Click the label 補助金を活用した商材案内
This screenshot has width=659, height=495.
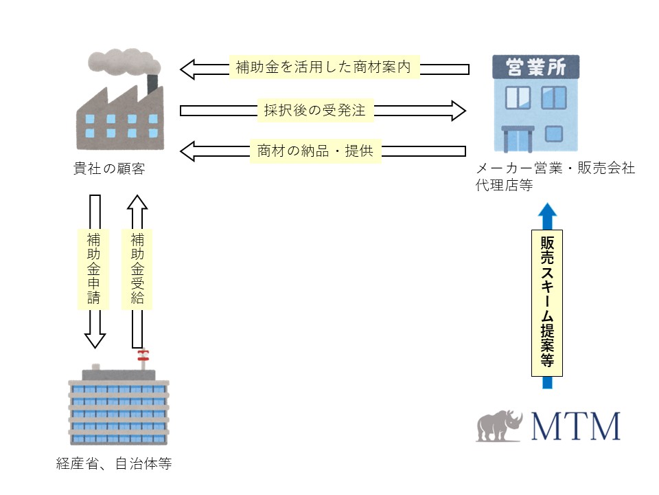pyautogui.click(x=323, y=68)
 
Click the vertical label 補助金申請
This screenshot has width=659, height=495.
pyautogui.click(x=94, y=269)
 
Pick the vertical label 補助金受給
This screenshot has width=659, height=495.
pyautogui.click(x=137, y=269)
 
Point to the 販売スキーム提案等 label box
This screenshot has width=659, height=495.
pyautogui.click(x=547, y=303)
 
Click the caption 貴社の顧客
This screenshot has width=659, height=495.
pyautogui.click(x=109, y=169)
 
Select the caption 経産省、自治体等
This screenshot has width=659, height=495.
pyautogui.click(x=113, y=464)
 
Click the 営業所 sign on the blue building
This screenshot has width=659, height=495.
pyautogui.click(x=536, y=67)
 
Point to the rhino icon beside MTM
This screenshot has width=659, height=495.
pyautogui.click(x=500, y=426)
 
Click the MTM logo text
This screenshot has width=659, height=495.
pyautogui.click(x=575, y=426)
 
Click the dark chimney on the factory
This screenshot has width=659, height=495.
pyautogui.click(x=152, y=84)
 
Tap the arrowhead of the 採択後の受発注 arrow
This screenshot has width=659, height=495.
pyautogui.click(x=458, y=110)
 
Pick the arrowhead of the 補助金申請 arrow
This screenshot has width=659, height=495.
pyautogui.click(x=95, y=339)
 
